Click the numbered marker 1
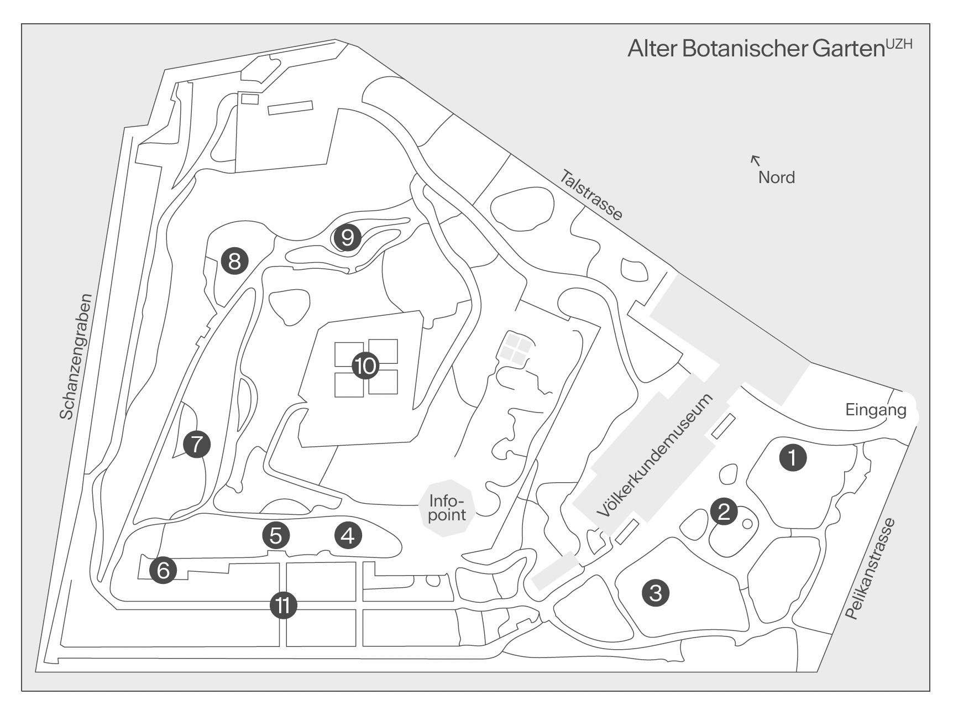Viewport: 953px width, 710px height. pyautogui.click(x=793, y=458)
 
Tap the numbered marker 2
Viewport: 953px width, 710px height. pyautogui.click(x=724, y=511)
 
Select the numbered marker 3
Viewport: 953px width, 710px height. pyautogui.click(x=656, y=593)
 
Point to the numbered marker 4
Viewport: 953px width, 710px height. pyautogui.click(x=348, y=535)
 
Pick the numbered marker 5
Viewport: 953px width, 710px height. pyautogui.click(x=276, y=535)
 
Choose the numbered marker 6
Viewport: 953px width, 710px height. pyautogui.click(x=163, y=570)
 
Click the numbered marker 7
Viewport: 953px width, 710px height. pyautogui.click(x=197, y=443)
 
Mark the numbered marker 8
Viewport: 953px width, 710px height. pyautogui.click(x=234, y=260)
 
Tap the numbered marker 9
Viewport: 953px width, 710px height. pyautogui.click(x=347, y=238)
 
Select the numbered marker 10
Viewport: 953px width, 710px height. pyautogui.click(x=366, y=366)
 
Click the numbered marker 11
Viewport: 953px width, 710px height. pyautogui.click(x=284, y=606)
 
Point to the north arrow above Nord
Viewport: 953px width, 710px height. pyautogui.click(x=755, y=160)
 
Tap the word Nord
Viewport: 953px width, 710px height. pyautogui.click(x=777, y=177)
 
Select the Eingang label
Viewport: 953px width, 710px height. pyautogui.click(x=876, y=410)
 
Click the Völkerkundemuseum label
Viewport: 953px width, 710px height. pyautogui.click(x=656, y=456)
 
